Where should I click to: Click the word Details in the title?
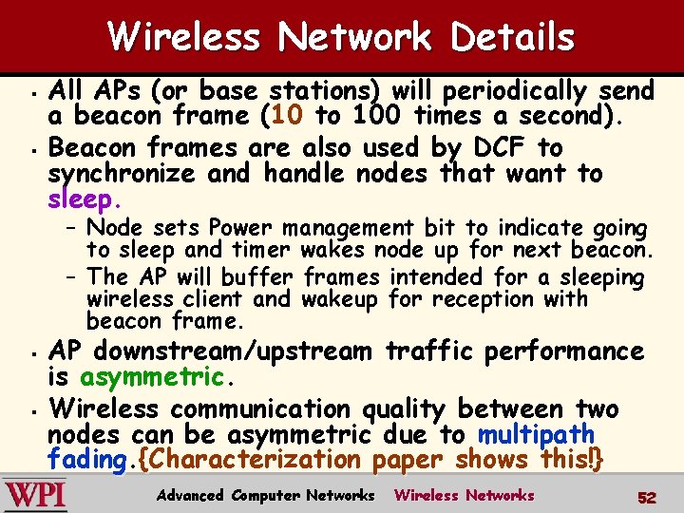tap(513, 37)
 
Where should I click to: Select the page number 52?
tap(648, 496)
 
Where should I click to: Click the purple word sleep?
tap(83, 200)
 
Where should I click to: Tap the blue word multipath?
tap(537, 435)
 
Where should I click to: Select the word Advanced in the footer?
tap(190, 495)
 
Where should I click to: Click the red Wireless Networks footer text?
tap(465, 495)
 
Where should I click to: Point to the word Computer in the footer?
tap(267, 495)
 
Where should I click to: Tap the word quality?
tap(398, 409)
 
